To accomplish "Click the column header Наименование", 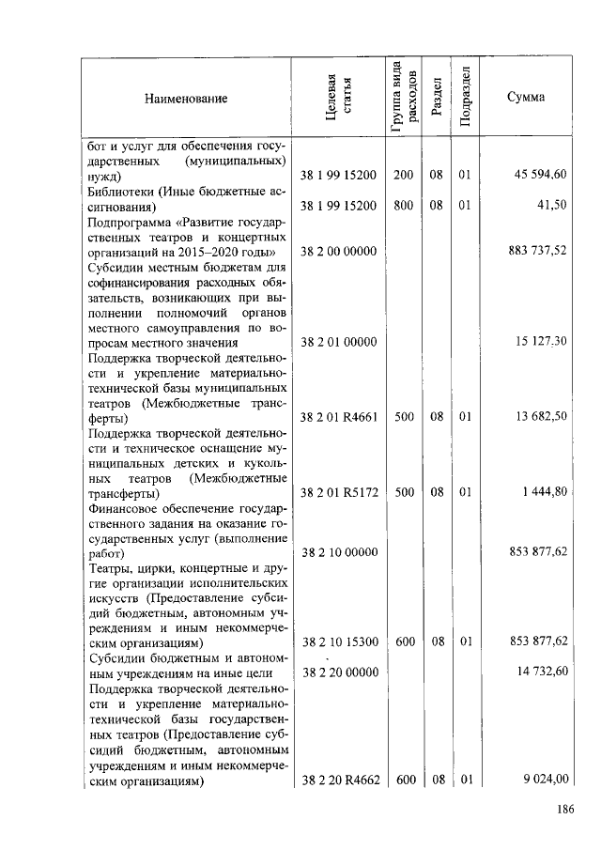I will (186, 98).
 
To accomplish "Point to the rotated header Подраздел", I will (465, 98).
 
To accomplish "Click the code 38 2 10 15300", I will (338, 642).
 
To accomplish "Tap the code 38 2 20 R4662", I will (338, 778).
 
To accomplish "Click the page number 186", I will (564, 811).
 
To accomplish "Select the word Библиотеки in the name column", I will (120, 191).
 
